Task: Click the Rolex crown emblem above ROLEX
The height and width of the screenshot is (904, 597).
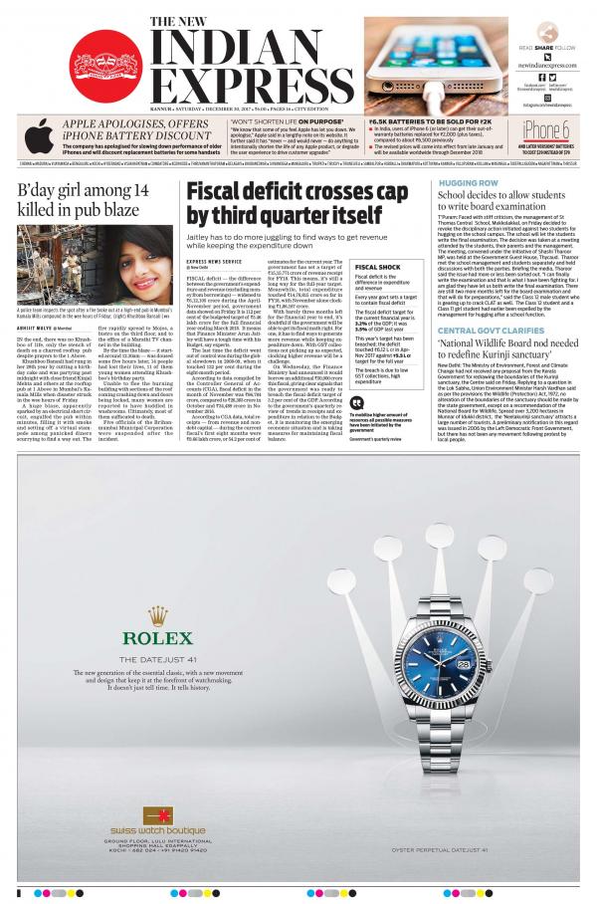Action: [157, 616]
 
